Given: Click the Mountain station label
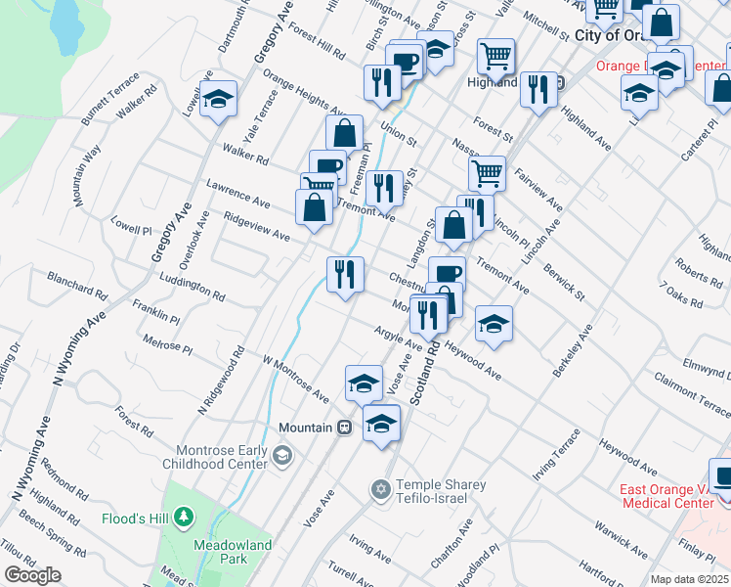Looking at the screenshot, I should (306, 429).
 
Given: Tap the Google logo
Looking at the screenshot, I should (32, 575).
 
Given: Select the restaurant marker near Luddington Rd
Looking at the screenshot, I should (344, 274).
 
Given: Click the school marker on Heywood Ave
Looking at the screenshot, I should (494, 322).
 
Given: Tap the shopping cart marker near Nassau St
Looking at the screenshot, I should (486, 173).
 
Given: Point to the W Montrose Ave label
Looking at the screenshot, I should (295, 380).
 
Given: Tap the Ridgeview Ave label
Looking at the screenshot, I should (257, 228).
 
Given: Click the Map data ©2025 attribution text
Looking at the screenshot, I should (690, 579).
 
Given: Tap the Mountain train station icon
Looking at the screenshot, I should (344, 429).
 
